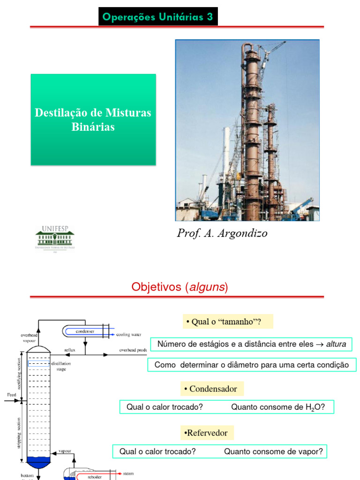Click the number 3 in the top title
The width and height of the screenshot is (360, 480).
[x=210, y=18]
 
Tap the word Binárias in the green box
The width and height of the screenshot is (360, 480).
[x=93, y=127]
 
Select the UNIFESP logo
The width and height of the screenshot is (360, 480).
[x=55, y=238]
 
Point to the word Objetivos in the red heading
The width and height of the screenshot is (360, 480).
[x=157, y=287]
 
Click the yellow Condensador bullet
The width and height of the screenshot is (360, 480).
[x=213, y=389]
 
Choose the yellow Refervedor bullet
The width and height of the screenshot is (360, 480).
[x=207, y=433]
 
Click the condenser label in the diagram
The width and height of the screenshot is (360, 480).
[x=85, y=331]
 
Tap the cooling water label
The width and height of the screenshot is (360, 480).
[x=128, y=334]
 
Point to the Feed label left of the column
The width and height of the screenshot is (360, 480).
[x=12, y=395]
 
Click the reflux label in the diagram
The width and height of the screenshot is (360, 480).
[x=70, y=350]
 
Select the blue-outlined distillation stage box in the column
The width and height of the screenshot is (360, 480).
[x=38, y=363]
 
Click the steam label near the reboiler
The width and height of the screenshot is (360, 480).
[x=128, y=474]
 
